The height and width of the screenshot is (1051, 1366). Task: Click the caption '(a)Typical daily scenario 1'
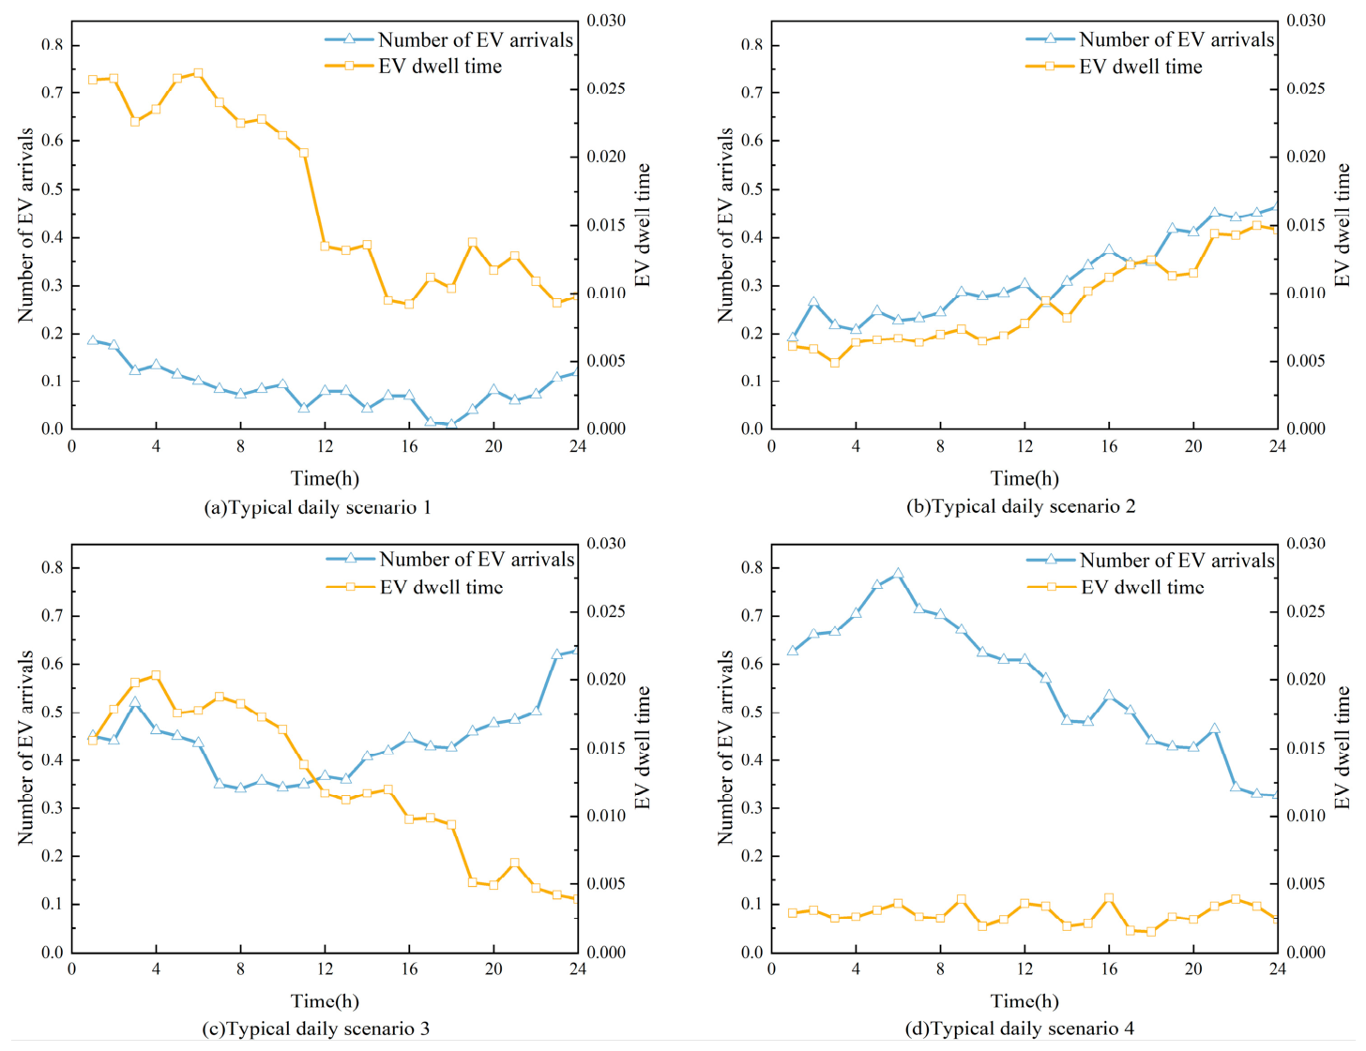[x=317, y=507]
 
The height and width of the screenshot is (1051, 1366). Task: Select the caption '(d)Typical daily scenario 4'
[x=1019, y=1028]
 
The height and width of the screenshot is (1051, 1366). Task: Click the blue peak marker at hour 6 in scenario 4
[x=898, y=573]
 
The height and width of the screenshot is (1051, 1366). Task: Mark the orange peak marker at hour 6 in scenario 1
[x=198, y=73]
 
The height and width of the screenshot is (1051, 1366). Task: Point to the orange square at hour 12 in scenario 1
[x=325, y=247]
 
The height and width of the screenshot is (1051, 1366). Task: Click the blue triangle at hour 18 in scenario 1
[x=451, y=425]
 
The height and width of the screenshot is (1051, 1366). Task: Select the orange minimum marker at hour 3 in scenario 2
[x=835, y=363]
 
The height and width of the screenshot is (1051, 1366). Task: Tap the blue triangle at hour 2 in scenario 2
[x=813, y=302]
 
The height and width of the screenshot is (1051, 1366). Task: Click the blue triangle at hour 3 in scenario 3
[x=134, y=702]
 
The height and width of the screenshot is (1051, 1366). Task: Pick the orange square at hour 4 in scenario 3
[x=156, y=675]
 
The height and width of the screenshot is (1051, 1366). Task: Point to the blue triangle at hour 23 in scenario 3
[x=556, y=654]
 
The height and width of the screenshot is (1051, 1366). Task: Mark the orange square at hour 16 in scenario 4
[x=1109, y=898]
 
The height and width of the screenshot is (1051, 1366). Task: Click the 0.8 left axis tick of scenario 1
[x=53, y=45]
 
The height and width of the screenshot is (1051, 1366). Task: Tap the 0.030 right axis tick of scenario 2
[x=1306, y=21]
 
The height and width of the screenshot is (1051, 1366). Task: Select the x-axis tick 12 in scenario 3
[x=325, y=968]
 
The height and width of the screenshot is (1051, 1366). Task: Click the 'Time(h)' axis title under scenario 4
[x=1024, y=1000]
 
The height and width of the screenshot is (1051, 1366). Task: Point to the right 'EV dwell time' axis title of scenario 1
[x=642, y=225]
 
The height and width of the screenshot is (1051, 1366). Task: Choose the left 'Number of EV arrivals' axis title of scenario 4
[x=725, y=747]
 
